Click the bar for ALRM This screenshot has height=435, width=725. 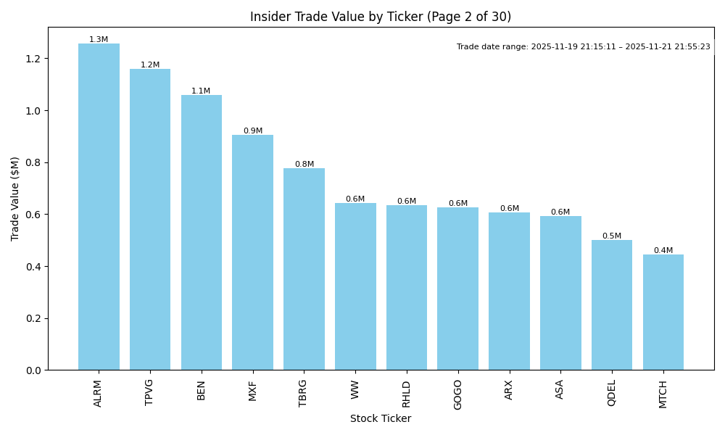[99, 207]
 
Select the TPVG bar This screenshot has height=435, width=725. [150, 220]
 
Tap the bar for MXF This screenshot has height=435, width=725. [252, 252]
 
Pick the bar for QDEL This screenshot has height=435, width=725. [612, 304]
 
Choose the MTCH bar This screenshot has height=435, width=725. [663, 312]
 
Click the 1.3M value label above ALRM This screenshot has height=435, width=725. [99, 40]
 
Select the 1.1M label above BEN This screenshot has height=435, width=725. [201, 91]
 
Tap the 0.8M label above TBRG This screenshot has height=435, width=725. [304, 165]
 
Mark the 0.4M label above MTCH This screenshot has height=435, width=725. [663, 251]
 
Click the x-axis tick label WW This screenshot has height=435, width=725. [355, 389]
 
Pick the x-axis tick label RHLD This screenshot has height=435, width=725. [407, 394]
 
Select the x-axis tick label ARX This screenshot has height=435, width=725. [509, 390]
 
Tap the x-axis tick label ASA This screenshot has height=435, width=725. [560, 389]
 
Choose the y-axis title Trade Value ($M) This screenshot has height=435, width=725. [15, 199]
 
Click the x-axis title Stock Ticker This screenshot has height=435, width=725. [381, 419]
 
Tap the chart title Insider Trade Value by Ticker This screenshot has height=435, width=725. [381, 17]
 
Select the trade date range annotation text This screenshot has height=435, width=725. [583, 47]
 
